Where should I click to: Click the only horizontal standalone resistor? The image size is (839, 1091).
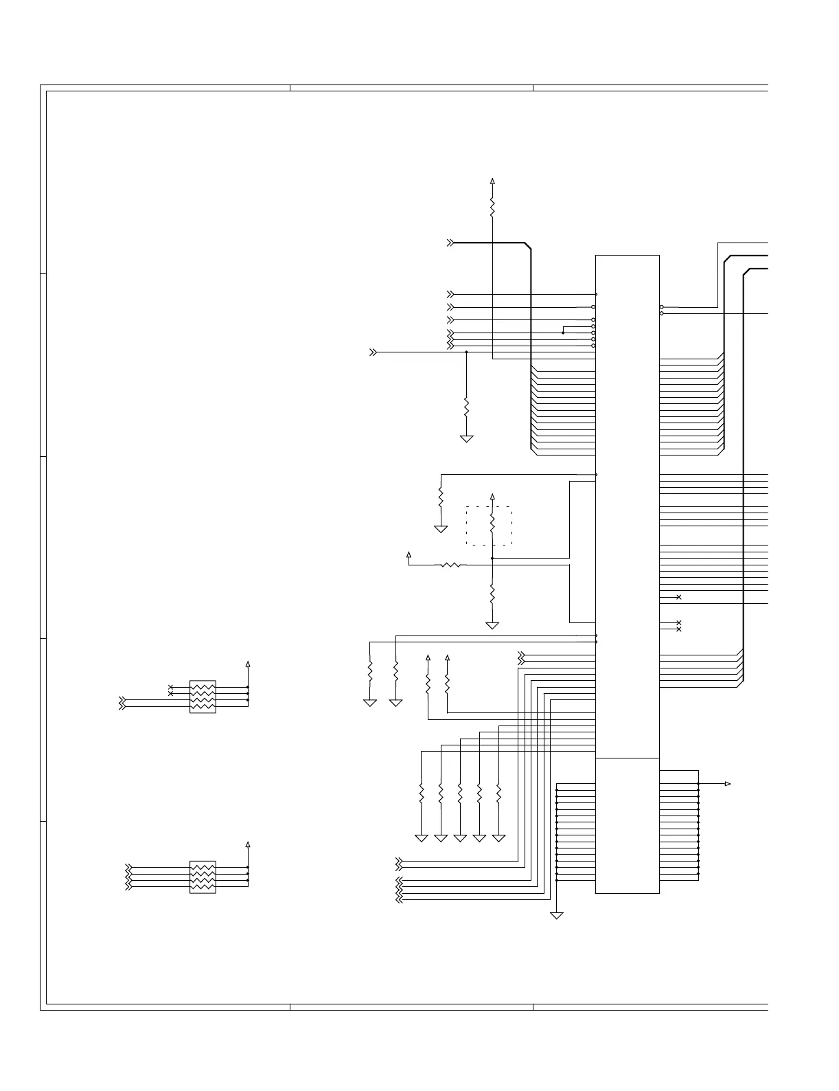452,565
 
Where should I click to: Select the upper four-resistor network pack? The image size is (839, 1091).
203,697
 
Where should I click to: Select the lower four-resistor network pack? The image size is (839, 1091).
203,877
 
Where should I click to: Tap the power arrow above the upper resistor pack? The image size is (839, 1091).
248,664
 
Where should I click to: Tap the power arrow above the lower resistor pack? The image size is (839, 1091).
248,844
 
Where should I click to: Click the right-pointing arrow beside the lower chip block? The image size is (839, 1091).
728,784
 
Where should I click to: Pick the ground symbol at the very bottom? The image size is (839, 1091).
557,915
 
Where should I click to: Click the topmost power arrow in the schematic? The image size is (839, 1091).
492,181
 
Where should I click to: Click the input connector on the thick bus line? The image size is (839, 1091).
450,243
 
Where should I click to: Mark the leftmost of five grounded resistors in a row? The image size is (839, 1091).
422,794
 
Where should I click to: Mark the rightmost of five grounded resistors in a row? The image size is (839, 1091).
499,794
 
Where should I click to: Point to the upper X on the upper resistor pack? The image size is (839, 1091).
171,687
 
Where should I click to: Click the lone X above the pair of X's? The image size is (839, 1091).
679,597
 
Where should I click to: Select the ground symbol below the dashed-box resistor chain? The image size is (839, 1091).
492,626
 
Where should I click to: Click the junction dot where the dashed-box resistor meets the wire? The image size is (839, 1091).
492,559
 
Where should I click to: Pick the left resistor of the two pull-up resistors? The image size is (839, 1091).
428,684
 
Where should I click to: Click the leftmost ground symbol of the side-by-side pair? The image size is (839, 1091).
370,703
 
